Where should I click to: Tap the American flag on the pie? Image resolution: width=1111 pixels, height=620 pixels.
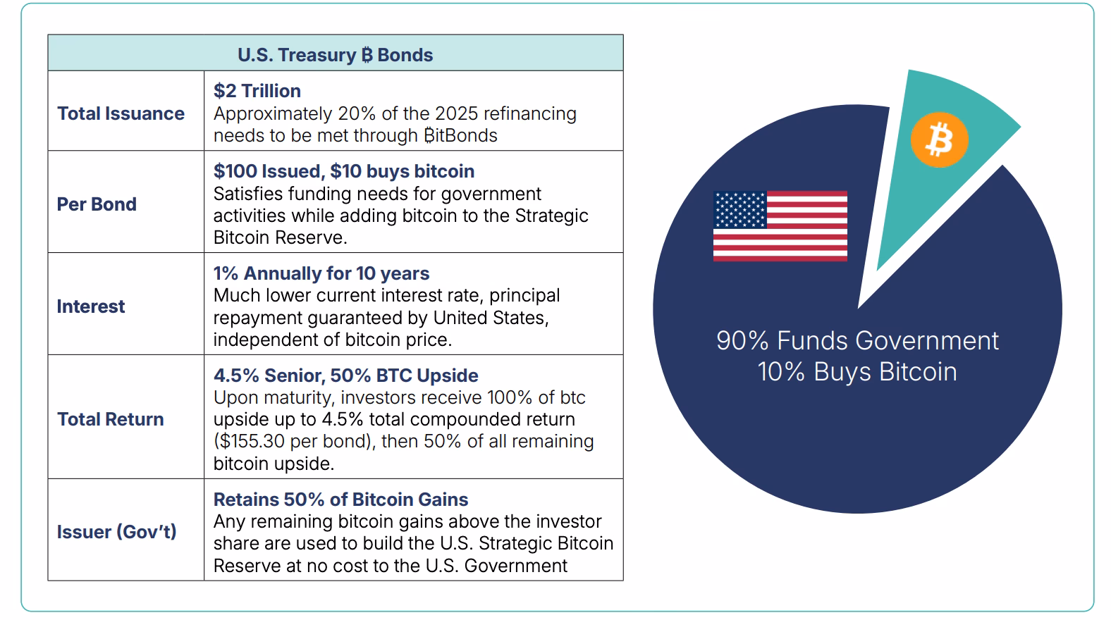click(780, 225)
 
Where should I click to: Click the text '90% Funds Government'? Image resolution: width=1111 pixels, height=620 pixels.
click(857, 341)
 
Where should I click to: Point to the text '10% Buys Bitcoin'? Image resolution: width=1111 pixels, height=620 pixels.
click(857, 372)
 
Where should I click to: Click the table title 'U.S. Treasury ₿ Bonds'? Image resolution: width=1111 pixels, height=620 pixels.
click(335, 55)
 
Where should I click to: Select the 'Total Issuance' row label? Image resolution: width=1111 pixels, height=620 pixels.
click(121, 113)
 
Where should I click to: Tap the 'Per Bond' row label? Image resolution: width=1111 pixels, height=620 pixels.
click(97, 204)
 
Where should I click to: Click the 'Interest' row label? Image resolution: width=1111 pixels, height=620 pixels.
click(91, 306)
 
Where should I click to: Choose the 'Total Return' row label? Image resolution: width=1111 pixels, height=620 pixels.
click(110, 419)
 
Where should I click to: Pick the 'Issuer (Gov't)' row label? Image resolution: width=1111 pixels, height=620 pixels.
click(116, 532)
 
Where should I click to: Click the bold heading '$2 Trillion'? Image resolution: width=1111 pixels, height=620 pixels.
click(257, 91)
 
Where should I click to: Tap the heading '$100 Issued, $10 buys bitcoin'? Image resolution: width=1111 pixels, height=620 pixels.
click(344, 171)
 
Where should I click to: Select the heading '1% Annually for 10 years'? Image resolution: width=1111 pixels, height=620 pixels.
click(321, 273)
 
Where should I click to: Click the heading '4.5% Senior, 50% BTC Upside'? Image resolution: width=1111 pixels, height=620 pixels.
click(345, 376)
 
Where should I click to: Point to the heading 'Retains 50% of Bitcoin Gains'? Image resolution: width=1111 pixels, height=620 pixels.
click(340, 500)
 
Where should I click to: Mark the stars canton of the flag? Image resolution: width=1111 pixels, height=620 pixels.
click(739, 209)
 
